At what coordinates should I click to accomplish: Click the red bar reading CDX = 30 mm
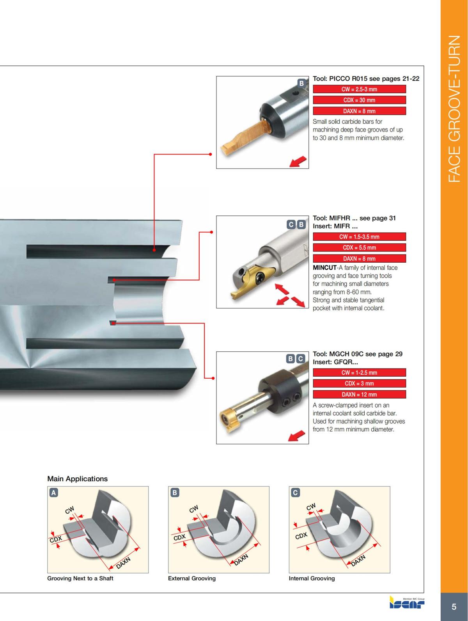click(x=359, y=100)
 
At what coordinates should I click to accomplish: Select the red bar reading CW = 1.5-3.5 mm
click(x=359, y=237)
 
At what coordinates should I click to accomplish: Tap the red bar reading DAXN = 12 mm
click(x=359, y=394)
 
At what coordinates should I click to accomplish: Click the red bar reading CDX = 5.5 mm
click(x=359, y=247)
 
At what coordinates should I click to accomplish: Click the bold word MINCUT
click(x=324, y=268)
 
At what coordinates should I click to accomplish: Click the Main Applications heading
click(x=77, y=479)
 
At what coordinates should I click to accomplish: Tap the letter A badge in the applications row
click(x=53, y=493)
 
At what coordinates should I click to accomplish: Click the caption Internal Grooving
click(x=312, y=578)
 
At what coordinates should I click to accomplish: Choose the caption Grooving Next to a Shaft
click(x=80, y=578)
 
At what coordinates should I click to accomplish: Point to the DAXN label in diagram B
click(x=241, y=559)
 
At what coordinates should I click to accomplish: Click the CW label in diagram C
click(x=311, y=507)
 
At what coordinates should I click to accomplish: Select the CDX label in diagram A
click(x=56, y=539)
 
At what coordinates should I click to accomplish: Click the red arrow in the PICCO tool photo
click(x=298, y=161)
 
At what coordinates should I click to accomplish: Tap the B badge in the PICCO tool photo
click(x=301, y=83)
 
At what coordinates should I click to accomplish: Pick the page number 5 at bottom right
click(x=454, y=607)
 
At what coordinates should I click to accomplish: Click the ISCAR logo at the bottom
click(x=407, y=603)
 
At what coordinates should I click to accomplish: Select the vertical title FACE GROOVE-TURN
click(x=454, y=109)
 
